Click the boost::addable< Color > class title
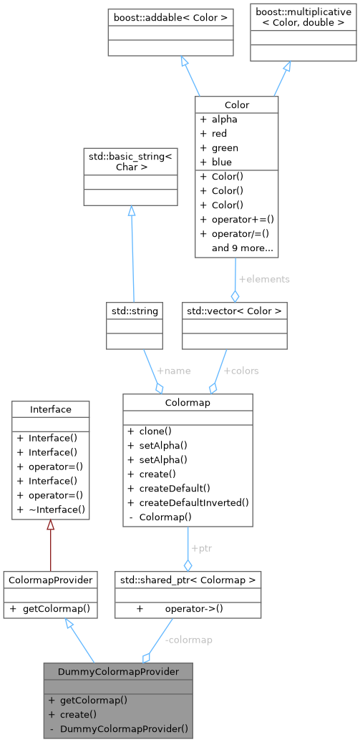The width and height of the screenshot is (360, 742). click(x=170, y=16)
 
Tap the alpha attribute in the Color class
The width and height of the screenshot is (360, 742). click(x=224, y=119)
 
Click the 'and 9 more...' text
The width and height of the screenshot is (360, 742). click(x=242, y=248)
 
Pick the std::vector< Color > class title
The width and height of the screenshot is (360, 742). click(x=235, y=311)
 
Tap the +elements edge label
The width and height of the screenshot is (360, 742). click(x=264, y=279)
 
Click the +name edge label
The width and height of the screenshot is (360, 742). click(x=173, y=371)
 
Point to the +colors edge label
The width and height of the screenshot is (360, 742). click(x=241, y=371)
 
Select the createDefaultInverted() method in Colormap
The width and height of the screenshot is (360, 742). click(x=194, y=502)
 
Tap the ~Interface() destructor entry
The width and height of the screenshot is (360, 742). click(x=57, y=509)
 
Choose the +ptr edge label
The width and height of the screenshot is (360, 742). click(x=201, y=548)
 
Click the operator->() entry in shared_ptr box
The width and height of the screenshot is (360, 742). click(x=192, y=609)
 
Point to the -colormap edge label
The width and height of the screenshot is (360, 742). click(x=188, y=640)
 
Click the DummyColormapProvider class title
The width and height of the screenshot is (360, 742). click(x=117, y=671)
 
